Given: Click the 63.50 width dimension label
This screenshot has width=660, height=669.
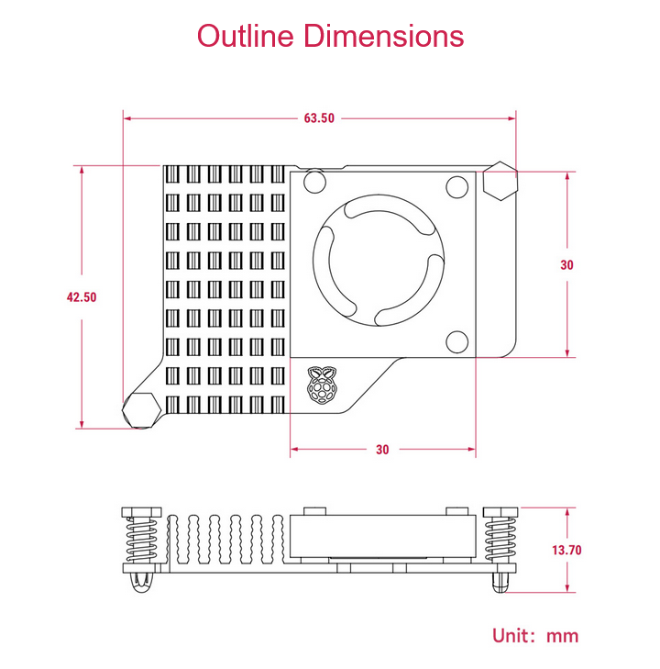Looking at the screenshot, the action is (319, 118).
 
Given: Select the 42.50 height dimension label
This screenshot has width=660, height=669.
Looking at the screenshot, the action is (82, 297).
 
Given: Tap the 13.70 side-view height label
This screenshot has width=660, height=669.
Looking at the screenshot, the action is (566, 550).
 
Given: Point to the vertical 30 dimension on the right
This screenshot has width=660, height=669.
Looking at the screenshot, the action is (566, 265).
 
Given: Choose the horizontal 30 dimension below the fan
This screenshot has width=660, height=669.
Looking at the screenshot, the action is (382, 450).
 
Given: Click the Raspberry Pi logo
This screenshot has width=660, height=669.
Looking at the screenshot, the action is (322, 385).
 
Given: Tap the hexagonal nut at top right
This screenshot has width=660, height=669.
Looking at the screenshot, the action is (500, 181).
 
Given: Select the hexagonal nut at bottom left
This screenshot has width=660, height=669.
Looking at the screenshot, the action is (142, 410).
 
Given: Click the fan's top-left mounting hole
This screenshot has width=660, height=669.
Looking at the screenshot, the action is (314, 182).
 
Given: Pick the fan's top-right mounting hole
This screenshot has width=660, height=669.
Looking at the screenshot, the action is (456, 187).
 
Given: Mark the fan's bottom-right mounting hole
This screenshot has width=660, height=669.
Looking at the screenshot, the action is (456, 341).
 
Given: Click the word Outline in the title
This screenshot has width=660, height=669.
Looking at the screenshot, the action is (246, 36).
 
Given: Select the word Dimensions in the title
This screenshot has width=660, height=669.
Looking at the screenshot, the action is (383, 36).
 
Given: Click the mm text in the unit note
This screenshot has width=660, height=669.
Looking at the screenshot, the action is (563, 638).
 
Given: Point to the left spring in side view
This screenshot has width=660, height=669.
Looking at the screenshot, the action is (142, 539).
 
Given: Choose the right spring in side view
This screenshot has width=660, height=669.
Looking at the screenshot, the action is (500, 539).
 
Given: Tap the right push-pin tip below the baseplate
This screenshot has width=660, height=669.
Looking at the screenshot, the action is (500, 583).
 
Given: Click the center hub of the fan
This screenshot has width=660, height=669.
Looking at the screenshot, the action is (379, 261).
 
